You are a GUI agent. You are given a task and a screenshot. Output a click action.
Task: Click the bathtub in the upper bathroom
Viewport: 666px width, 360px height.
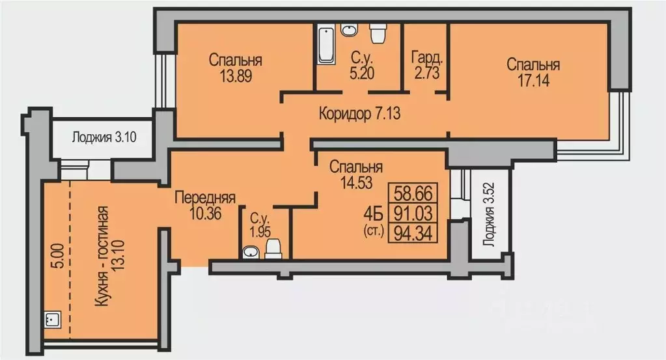click(325, 44)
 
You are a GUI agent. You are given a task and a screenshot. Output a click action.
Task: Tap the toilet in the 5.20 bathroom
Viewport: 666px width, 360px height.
click(378, 32)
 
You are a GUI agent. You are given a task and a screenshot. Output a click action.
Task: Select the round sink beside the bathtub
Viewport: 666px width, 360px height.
click(350, 30)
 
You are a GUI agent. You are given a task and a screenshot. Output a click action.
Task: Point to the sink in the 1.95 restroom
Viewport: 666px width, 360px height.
click(249, 253)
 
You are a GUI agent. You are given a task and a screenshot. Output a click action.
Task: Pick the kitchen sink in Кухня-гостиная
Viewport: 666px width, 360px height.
click(51, 319)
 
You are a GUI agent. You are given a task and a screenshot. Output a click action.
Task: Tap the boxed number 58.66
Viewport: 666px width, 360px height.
click(413, 194)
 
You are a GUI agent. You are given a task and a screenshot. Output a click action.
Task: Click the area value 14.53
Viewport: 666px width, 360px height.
click(355, 182)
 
